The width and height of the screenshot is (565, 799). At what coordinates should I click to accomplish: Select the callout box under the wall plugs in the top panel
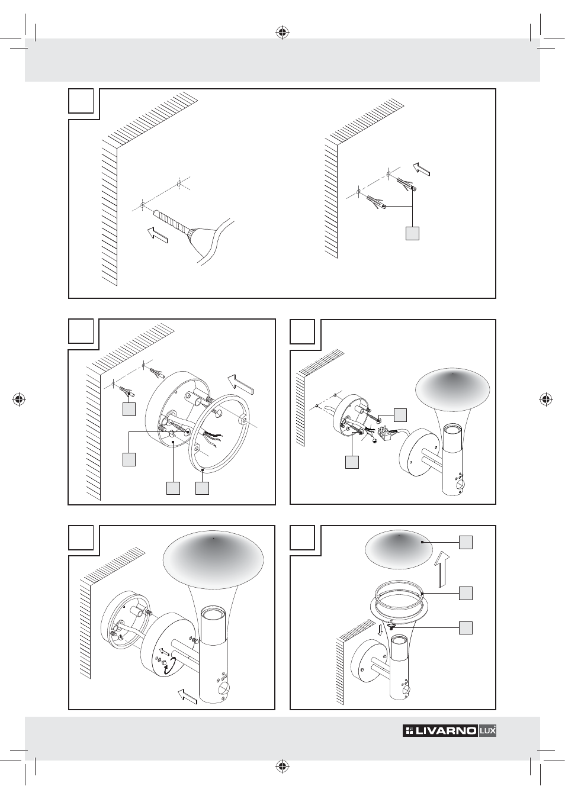(412, 234)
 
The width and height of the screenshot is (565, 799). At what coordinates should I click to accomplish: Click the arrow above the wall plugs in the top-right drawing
(422, 169)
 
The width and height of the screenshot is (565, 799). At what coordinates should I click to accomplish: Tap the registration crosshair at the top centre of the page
(282, 32)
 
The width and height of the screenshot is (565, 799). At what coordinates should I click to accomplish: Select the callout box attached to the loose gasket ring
(202, 488)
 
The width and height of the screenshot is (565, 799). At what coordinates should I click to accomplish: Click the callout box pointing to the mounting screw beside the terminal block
(400, 414)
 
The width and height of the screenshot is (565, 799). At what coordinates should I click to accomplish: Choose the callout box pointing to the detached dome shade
(466, 542)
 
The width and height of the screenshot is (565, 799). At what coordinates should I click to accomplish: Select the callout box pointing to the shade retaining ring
(466, 593)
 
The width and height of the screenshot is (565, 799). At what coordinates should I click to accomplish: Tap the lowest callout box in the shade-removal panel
(466, 627)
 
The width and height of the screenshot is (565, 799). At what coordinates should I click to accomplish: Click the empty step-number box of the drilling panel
(81, 101)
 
